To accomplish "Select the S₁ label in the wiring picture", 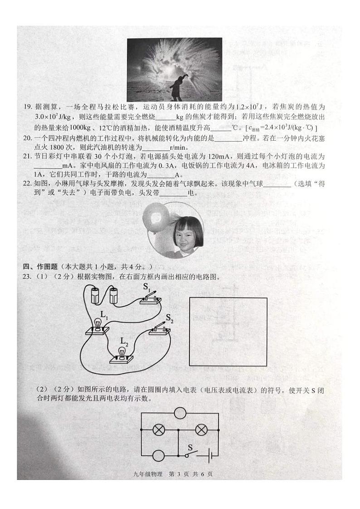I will click(147, 287).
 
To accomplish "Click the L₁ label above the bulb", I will click(104, 314).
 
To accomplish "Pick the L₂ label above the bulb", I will click(124, 342).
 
